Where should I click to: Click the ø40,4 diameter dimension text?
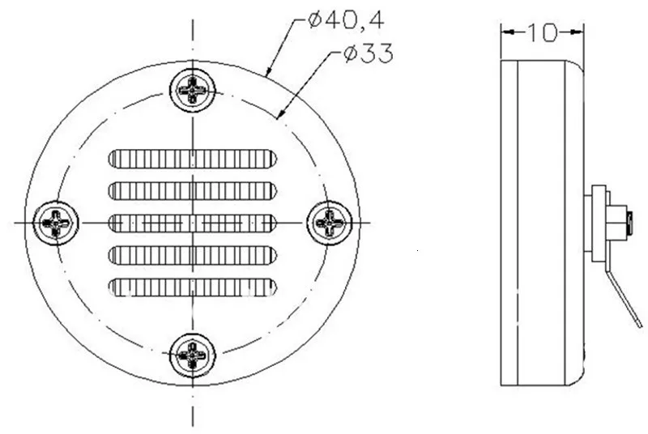click(347, 19)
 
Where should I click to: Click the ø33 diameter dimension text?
click(369, 53)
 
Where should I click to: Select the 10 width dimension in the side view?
click(543, 32)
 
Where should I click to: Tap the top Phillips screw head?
click(193, 90)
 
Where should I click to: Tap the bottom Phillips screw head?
click(193, 355)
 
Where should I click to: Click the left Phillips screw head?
click(55, 223)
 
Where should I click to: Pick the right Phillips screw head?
click(330, 223)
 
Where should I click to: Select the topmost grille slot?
click(193, 159)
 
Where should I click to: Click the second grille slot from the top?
click(193, 191)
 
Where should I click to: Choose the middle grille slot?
click(193, 223)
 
